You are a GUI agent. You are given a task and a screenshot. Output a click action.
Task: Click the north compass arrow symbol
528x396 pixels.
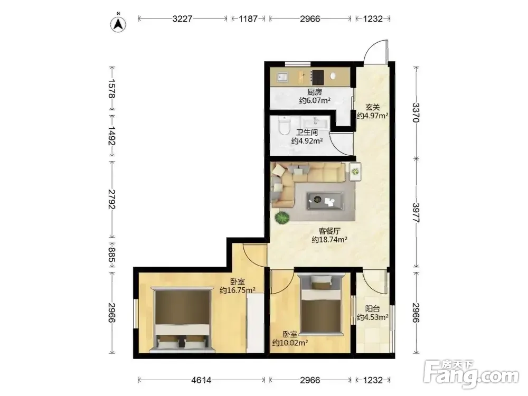[x=118, y=24]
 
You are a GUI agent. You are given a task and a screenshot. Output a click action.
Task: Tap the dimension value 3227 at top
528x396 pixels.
[x=183, y=19]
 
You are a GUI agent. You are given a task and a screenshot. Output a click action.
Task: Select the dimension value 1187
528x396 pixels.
[x=248, y=19]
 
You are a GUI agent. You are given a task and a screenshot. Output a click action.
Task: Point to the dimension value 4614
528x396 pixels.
[x=201, y=380]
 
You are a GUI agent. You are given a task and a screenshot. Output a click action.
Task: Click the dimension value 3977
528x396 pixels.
[x=416, y=212]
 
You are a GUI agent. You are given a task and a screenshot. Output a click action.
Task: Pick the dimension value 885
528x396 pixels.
[x=112, y=255]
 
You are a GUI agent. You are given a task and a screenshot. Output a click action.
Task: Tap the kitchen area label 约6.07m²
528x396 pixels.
[x=315, y=100]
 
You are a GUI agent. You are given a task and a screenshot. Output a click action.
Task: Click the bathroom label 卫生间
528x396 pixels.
[x=307, y=133]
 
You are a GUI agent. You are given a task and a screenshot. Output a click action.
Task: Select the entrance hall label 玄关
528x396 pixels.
[x=373, y=107]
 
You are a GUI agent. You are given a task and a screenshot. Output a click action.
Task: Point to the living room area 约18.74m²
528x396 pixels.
[x=329, y=240]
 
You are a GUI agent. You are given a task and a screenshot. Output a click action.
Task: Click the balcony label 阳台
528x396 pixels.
[x=373, y=308]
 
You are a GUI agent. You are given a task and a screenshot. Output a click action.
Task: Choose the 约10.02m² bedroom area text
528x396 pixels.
[x=290, y=343]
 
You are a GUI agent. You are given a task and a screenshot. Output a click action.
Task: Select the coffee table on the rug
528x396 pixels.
[x=325, y=201]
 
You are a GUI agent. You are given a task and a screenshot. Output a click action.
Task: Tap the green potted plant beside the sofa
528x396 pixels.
[x=282, y=218]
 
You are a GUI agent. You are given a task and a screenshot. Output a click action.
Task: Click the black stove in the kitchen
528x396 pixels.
[x=317, y=78]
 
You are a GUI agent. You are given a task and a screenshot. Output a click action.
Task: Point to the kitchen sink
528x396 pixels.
[x=282, y=78]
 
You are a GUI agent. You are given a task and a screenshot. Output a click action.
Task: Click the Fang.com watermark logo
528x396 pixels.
[x=471, y=374]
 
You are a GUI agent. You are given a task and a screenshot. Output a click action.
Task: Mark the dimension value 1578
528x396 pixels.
[x=112, y=89]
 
